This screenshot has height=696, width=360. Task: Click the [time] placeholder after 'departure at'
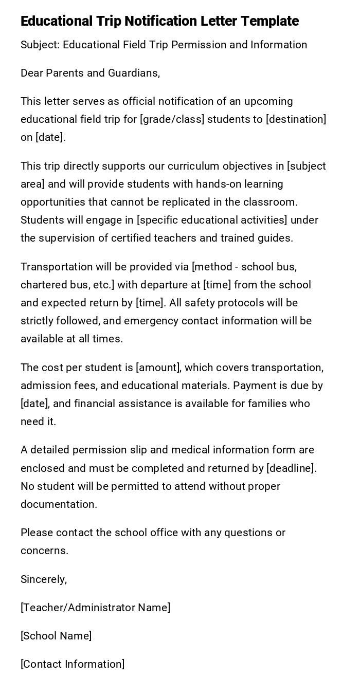coord(217,285)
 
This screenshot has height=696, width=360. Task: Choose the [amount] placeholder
coord(158,368)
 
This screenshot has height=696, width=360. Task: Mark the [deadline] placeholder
coord(290,468)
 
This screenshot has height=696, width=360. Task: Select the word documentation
coord(59,504)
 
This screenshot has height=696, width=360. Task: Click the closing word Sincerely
coord(43,579)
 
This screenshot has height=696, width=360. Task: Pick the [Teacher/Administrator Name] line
coord(95,608)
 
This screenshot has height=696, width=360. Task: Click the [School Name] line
coord(56,636)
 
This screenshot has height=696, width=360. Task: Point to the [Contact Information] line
coord(73,664)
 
